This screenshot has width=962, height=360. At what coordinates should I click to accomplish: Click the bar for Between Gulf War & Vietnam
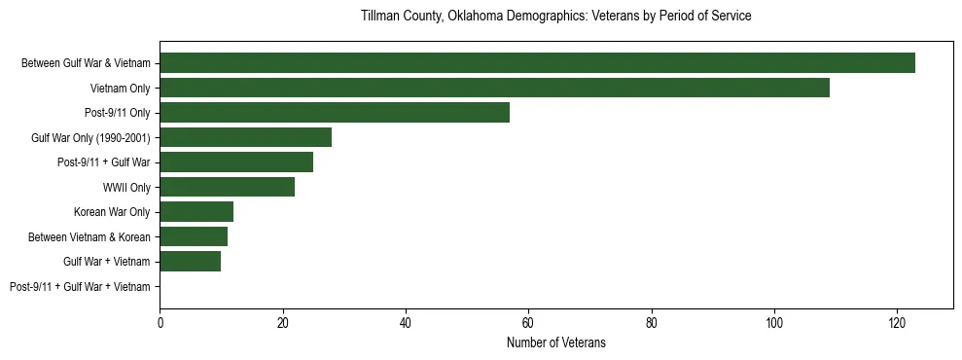pos(537,63)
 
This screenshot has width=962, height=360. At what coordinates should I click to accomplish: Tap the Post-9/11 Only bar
pos(335,113)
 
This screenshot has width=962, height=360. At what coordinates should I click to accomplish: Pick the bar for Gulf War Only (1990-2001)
pos(245,137)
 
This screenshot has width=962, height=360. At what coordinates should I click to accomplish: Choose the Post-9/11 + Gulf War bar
pos(236,162)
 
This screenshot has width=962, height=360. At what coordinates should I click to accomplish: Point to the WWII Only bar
pos(227,187)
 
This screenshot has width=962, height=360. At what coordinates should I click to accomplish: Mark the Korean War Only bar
pos(196,212)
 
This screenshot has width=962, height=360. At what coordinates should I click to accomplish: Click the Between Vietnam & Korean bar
pos(194,236)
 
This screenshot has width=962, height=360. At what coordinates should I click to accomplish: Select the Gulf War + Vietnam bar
pos(191,262)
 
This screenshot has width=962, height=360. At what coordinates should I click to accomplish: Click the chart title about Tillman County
pos(555,17)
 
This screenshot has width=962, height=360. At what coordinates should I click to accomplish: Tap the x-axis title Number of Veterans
pos(555,342)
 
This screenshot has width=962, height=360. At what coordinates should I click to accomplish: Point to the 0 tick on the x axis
pos(160,322)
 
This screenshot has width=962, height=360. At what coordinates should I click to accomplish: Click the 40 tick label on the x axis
pos(406,322)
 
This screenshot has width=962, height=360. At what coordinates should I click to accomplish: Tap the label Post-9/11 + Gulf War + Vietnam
pos(80,287)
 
